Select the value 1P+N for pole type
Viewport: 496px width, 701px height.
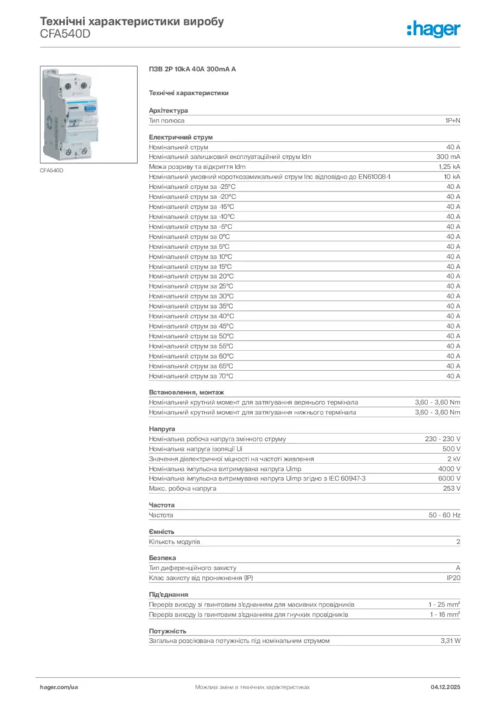tap(452, 120)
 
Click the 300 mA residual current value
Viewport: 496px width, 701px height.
tap(448, 157)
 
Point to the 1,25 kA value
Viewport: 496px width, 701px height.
tap(449, 166)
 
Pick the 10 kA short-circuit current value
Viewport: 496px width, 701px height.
tap(451, 177)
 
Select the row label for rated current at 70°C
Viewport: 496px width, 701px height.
tap(191, 376)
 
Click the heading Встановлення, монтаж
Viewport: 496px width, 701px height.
tap(186, 392)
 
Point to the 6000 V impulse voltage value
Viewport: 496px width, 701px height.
tap(449, 479)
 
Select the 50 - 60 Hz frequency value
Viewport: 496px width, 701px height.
tap(445, 515)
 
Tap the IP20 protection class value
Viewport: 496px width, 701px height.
tap(453, 578)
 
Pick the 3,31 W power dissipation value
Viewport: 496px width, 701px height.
tap(450, 641)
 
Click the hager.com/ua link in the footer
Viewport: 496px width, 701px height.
tap(60, 686)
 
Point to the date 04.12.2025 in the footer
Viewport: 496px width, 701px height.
tap(445, 686)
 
